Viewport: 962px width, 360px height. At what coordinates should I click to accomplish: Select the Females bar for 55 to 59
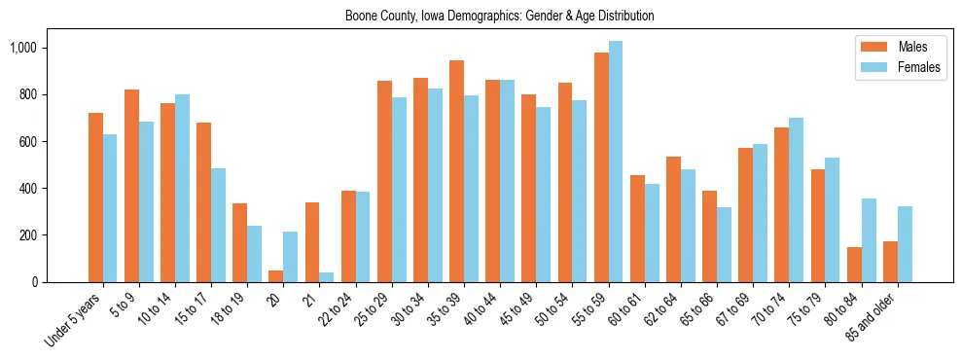click(x=616, y=162)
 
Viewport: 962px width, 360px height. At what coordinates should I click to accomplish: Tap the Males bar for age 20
click(x=276, y=276)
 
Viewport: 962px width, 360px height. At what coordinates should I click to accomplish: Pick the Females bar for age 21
click(x=326, y=277)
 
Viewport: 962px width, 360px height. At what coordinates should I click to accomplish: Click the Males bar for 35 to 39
click(x=456, y=171)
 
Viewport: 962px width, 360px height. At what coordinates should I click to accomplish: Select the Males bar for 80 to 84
click(x=827, y=265)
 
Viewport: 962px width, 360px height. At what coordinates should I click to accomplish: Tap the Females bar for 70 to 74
click(x=797, y=199)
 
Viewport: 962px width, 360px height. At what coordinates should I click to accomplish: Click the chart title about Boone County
click(x=499, y=16)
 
